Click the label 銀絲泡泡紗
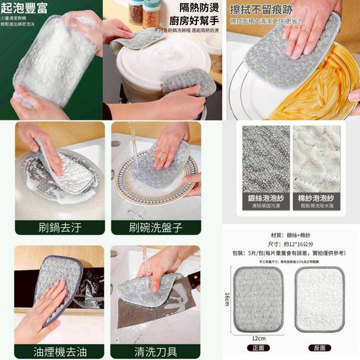[266, 198]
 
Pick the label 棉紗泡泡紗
[316, 198]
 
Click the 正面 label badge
[260, 348]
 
